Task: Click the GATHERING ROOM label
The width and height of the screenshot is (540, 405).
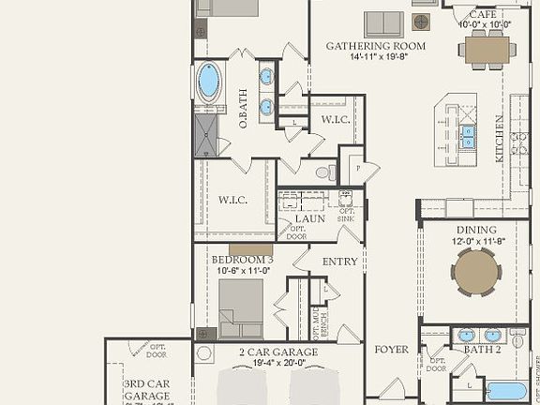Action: pos(375,46)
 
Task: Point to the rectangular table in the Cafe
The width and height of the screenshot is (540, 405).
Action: pos(488,48)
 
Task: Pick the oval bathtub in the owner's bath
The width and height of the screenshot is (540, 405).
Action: pos(208,82)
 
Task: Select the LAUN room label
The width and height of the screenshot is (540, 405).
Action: pos(309,218)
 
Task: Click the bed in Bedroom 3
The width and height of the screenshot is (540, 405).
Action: pos(241,308)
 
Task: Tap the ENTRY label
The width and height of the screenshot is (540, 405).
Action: pos(340,262)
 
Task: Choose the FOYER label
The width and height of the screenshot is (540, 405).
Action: pos(392,350)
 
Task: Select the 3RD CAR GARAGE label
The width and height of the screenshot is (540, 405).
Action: pos(147,389)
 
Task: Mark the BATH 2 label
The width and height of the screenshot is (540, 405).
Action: pos(483,350)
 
